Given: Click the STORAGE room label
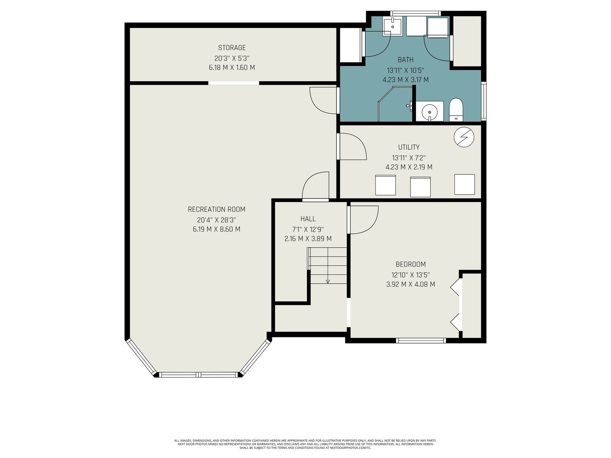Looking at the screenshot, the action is (x=231, y=48).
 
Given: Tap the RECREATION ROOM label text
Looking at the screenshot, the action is (x=216, y=210).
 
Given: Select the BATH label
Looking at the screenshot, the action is (x=405, y=60).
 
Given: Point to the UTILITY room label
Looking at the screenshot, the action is (x=409, y=147).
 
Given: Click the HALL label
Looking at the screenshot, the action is (x=308, y=219).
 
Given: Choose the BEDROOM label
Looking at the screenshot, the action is (x=411, y=264).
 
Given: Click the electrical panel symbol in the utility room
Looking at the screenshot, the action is (x=464, y=137).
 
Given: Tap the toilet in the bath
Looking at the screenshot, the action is (x=456, y=110).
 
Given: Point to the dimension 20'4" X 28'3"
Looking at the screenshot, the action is (x=216, y=220).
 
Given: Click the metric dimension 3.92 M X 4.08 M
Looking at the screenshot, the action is (x=411, y=284).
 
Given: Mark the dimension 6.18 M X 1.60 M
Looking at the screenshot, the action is (x=231, y=68).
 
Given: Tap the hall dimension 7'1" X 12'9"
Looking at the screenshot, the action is (x=308, y=229).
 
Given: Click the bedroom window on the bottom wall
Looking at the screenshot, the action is (x=420, y=340).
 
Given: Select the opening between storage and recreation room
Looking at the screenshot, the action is (x=234, y=83).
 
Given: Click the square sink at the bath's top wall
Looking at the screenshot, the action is (x=392, y=27).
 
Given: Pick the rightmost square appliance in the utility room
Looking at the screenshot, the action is (x=464, y=184).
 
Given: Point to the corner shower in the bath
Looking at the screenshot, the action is (x=395, y=104).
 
